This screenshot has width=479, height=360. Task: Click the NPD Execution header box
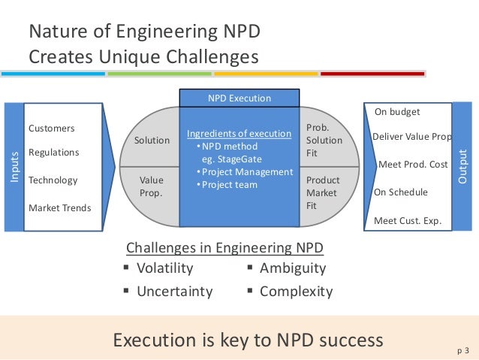coord(239,98)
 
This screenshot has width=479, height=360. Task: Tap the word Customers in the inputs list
coord(51,129)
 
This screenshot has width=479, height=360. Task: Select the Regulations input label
coord(53,153)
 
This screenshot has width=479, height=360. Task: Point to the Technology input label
coord(53,180)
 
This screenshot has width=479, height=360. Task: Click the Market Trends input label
coord(59,207)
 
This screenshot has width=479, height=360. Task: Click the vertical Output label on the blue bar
coord(462,166)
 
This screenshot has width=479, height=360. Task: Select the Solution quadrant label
coord(152,141)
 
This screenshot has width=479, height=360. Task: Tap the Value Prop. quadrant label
coord(152,186)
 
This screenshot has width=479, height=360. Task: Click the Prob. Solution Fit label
coord(324,141)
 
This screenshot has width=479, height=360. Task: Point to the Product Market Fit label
coord(324,192)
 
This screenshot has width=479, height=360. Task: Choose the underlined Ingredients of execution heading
coord(239,134)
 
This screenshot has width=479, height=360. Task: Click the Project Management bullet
coord(243,172)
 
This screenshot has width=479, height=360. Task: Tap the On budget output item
coord(397,112)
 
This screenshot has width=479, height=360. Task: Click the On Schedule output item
coord(401,192)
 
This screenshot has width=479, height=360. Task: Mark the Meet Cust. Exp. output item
coord(408,221)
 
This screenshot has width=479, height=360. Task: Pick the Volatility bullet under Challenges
coord(164,268)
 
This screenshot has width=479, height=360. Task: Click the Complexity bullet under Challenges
coord(295,291)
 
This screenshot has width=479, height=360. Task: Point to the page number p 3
coord(462,349)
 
